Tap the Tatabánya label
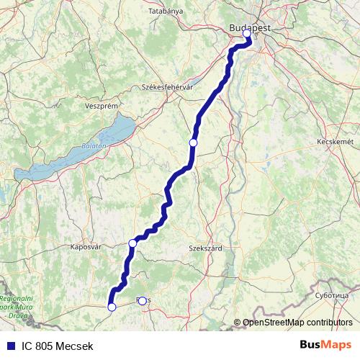(x=166, y=12)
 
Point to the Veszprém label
(x=101, y=105)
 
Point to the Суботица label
(x=331, y=295)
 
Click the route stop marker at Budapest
(x=247, y=33)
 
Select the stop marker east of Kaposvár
(x=132, y=243)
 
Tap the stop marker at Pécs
(x=142, y=301)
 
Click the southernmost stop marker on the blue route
(x=112, y=307)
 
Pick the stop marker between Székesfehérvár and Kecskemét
(x=193, y=143)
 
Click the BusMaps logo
(x=325, y=346)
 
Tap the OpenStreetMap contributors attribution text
(x=297, y=323)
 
